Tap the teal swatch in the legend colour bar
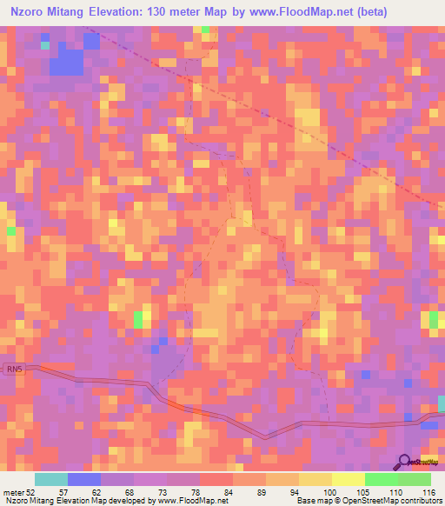[x=50, y=479]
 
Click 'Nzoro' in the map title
[x=25, y=11]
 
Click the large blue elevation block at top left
[x=67, y=62]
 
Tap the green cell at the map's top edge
[x=205, y=30]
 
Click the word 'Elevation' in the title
[x=109, y=11]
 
